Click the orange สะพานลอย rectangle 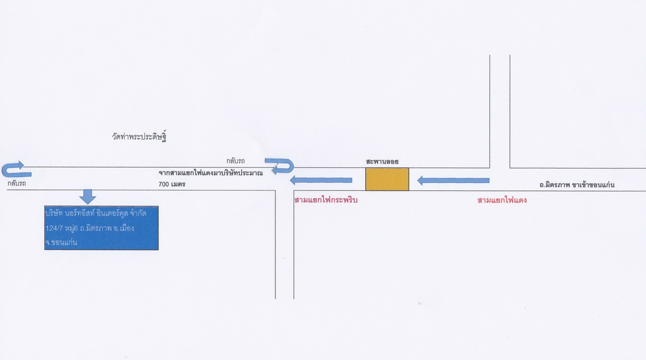387,179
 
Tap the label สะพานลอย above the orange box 382,161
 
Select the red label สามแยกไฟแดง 502,200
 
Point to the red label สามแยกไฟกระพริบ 326,200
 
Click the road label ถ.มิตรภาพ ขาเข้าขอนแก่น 577,184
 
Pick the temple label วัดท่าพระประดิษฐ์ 139,136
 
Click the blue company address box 101,228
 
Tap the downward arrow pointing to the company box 88,197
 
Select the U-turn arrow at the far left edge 16,170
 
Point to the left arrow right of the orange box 453,181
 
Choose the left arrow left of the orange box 321,180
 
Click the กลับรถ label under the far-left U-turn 16,183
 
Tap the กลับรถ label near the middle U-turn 235,161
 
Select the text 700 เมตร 172,184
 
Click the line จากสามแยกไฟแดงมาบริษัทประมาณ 211,173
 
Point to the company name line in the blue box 96,213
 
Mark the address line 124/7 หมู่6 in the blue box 90,228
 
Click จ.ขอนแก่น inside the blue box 61,242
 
